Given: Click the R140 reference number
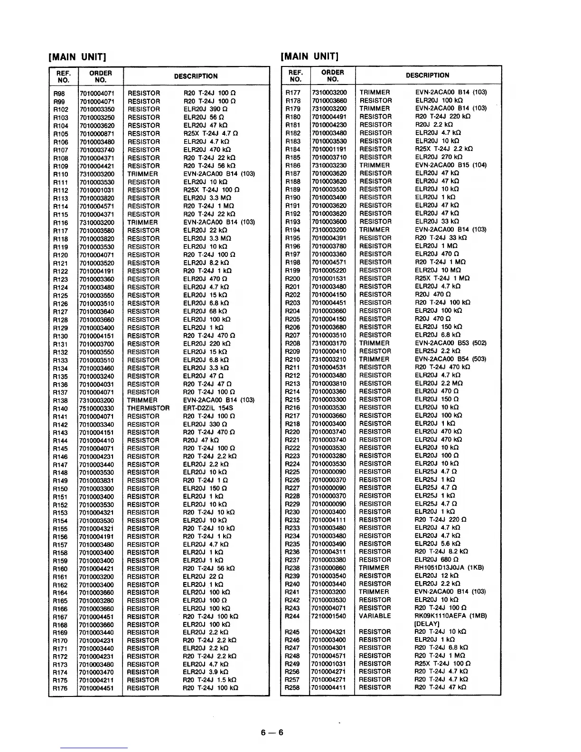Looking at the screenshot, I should [x=60, y=408].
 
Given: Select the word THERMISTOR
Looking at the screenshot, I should [x=148, y=408].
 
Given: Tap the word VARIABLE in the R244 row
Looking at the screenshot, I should [x=375, y=616].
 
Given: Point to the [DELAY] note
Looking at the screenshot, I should [x=427, y=624].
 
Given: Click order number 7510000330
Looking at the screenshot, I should [x=97, y=408].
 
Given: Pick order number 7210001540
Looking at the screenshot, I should [x=329, y=616].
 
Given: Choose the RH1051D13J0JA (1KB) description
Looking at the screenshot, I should [x=449, y=568].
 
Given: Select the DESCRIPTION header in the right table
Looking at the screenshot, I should [x=427, y=75].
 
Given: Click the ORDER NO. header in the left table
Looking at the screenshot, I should [x=100, y=76].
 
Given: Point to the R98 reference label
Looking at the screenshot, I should [x=59, y=94].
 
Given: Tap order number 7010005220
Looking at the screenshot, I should [x=329, y=270].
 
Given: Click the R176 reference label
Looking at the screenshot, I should [x=60, y=688].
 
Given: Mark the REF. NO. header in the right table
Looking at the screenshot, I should [x=295, y=75].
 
